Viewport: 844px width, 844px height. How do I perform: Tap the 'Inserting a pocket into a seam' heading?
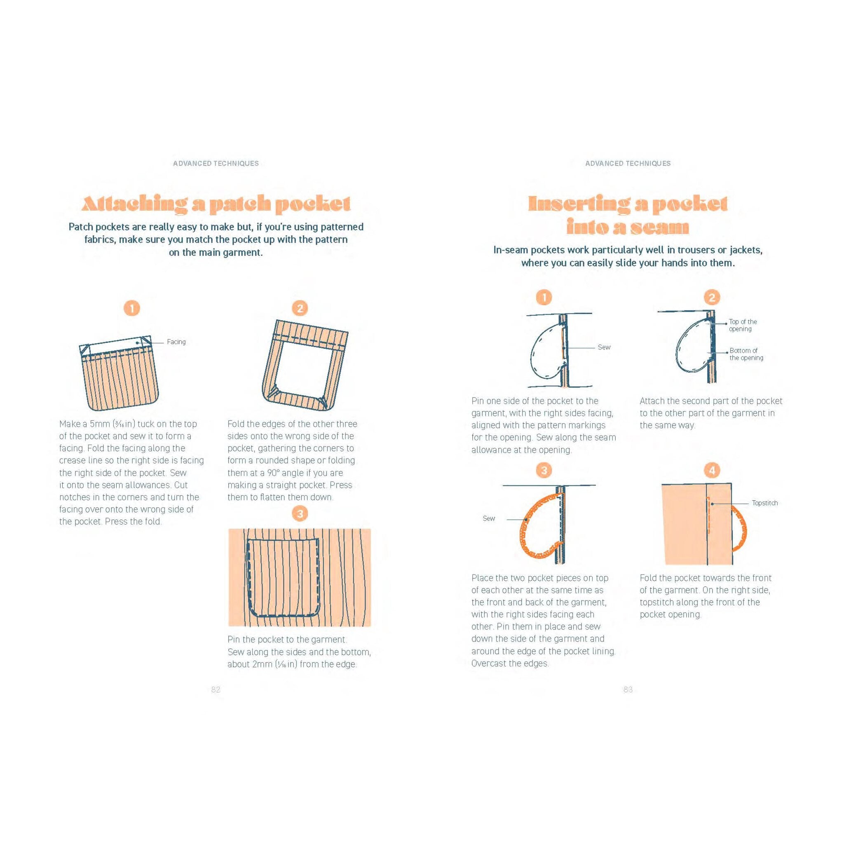pyautogui.click(x=628, y=216)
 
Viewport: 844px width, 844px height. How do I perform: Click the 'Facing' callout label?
pyautogui.click(x=176, y=342)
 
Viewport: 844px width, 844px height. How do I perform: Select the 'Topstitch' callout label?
pyautogui.click(x=765, y=503)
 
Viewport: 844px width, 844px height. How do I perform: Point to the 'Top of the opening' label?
pyautogui.click(x=743, y=325)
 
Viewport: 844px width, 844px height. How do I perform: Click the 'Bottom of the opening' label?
pyautogui.click(x=746, y=354)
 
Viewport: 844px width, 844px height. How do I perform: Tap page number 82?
pyautogui.click(x=216, y=689)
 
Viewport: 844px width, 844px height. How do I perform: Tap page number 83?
pyautogui.click(x=628, y=689)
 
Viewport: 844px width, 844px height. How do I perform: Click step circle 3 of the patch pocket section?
pyautogui.click(x=300, y=514)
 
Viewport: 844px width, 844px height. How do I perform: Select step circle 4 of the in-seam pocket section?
pyautogui.click(x=712, y=471)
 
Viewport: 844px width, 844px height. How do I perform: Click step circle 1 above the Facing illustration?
pyautogui.click(x=132, y=308)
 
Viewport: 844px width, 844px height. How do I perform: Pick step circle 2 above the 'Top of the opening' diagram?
pyautogui.click(x=712, y=298)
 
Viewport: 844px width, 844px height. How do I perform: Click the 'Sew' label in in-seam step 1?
pyautogui.click(x=604, y=347)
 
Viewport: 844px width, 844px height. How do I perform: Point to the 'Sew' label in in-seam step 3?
pyautogui.click(x=489, y=518)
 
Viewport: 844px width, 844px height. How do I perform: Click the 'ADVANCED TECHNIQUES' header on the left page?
pyautogui.click(x=216, y=163)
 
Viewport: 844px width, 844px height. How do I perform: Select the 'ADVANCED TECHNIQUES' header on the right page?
pyautogui.click(x=628, y=163)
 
